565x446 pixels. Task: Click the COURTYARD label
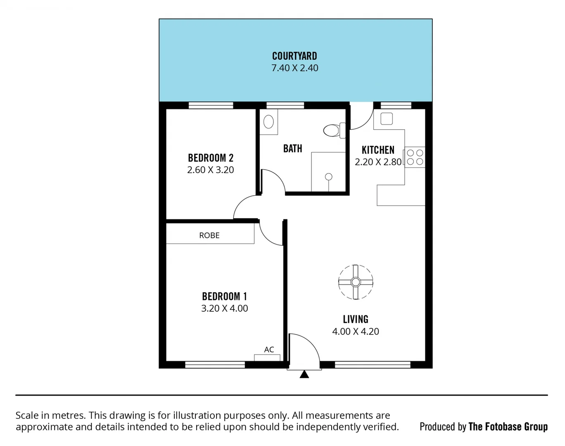pyautogui.click(x=294, y=56)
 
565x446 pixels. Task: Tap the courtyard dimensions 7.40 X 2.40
pyautogui.click(x=294, y=68)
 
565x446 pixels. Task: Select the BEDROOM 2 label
pyautogui.click(x=211, y=158)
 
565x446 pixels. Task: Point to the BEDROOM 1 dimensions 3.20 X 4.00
pyautogui.click(x=224, y=308)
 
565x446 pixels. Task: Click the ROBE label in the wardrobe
pyautogui.click(x=209, y=235)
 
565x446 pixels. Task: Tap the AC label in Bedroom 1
pyautogui.click(x=269, y=350)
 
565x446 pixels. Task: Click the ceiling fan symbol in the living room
pyautogui.click(x=356, y=282)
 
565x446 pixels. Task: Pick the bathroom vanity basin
pyautogui.click(x=268, y=122)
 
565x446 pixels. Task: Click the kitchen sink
pyautogui.click(x=387, y=119)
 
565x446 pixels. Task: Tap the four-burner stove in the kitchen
pyautogui.click(x=415, y=157)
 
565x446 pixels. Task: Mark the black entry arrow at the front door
pyautogui.click(x=304, y=374)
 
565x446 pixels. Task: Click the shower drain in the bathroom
pyautogui.click(x=329, y=177)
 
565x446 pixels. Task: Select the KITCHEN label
pyautogui.click(x=378, y=150)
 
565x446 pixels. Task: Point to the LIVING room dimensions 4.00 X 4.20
pyautogui.click(x=356, y=332)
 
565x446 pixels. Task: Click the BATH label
pyautogui.click(x=292, y=149)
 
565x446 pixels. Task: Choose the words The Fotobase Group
pyautogui.click(x=508, y=427)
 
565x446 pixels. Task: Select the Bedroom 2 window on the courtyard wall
pyautogui.click(x=211, y=106)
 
